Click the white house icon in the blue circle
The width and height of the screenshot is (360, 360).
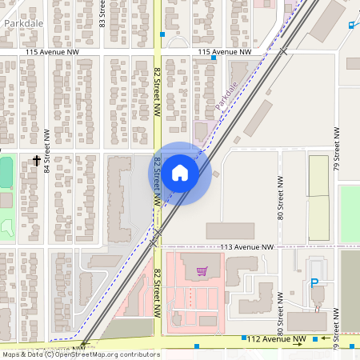[x=180, y=172]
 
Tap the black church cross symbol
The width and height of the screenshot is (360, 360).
[x=37, y=161]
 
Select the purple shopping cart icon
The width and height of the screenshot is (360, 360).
[x=202, y=271]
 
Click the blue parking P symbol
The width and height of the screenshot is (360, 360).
[x=314, y=282]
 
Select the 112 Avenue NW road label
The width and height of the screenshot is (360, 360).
[x=276, y=339]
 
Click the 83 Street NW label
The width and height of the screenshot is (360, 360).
[x=102, y=14]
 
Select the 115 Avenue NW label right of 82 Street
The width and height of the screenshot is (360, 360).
[x=225, y=52]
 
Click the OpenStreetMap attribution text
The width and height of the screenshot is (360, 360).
[x=82, y=354]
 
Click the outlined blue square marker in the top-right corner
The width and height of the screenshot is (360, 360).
[x=350, y=24]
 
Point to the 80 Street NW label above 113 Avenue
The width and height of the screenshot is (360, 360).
[x=281, y=198]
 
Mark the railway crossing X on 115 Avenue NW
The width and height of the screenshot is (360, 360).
[x=283, y=51]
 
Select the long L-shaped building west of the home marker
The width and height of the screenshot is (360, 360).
[x=118, y=200]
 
